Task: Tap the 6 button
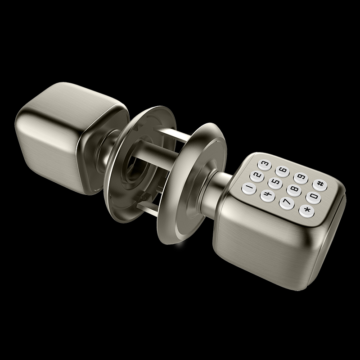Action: tap(283, 171)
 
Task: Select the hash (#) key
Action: tap(320, 184)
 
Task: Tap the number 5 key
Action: tap(275, 183)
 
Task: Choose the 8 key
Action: tap(294, 190)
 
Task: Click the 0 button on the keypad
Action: tap(313, 197)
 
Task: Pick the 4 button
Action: tap(268, 196)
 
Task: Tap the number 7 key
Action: tap(287, 203)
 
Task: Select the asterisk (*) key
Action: tap(306, 211)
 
